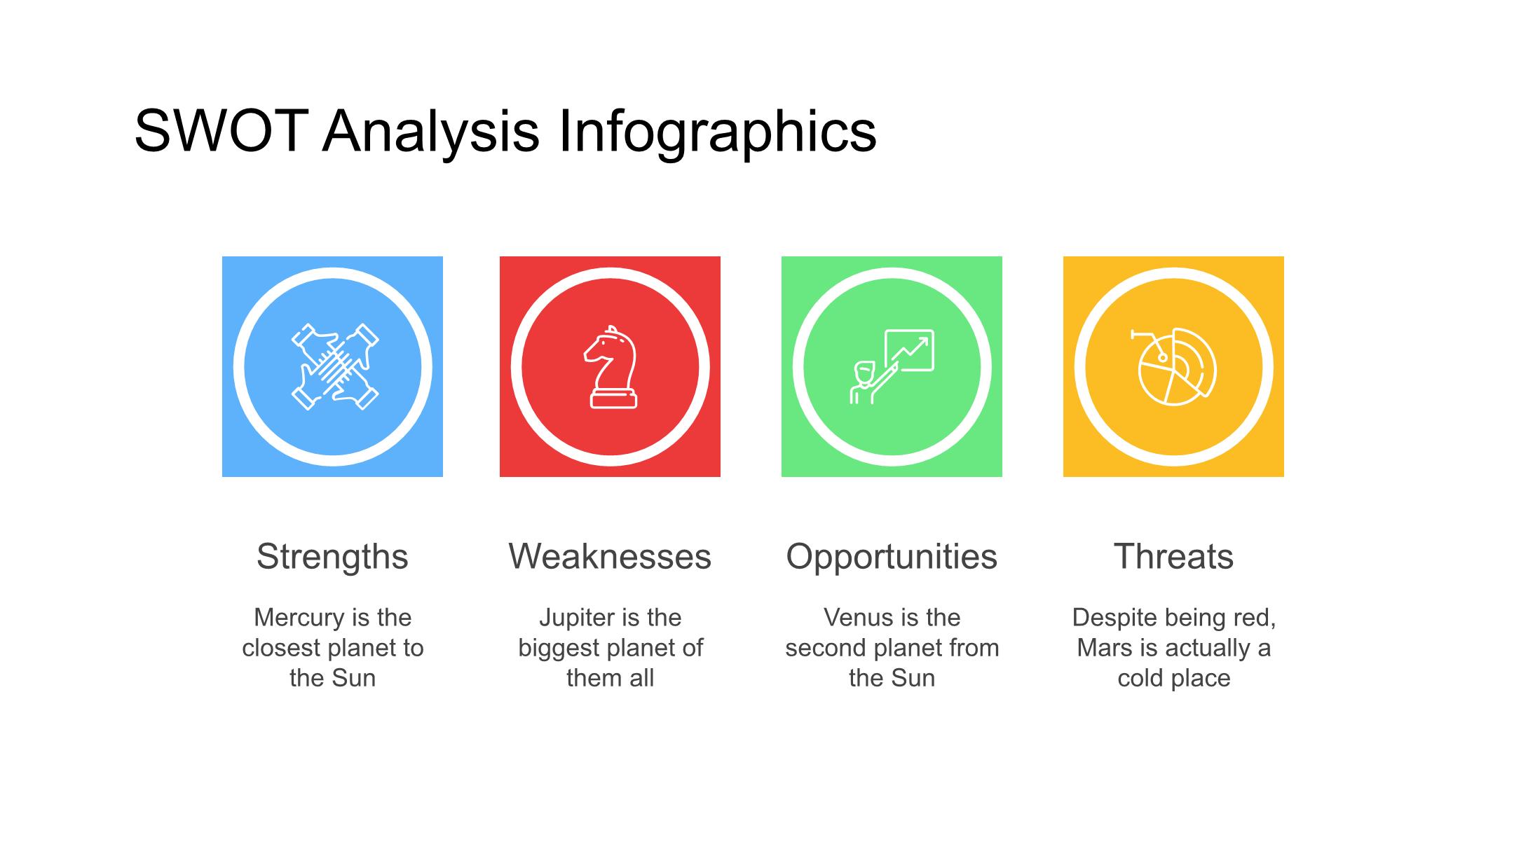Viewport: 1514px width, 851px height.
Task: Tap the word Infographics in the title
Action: pyautogui.click(x=717, y=132)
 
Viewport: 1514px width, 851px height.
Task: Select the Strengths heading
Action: pyautogui.click(x=332, y=558)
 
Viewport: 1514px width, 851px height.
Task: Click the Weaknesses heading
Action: pyautogui.click(x=610, y=557)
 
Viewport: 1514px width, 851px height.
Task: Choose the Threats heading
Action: pyautogui.click(x=1173, y=557)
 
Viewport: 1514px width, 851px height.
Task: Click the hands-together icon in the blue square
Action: pyautogui.click(x=335, y=366)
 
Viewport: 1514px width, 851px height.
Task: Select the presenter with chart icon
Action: pyautogui.click(x=892, y=366)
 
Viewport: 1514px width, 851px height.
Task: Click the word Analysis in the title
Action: pyautogui.click(x=431, y=132)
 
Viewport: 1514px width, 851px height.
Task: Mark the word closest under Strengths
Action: pyautogui.click(x=286, y=648)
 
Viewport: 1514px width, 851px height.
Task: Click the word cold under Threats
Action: pyautogui.click(x=1140, y=678)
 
